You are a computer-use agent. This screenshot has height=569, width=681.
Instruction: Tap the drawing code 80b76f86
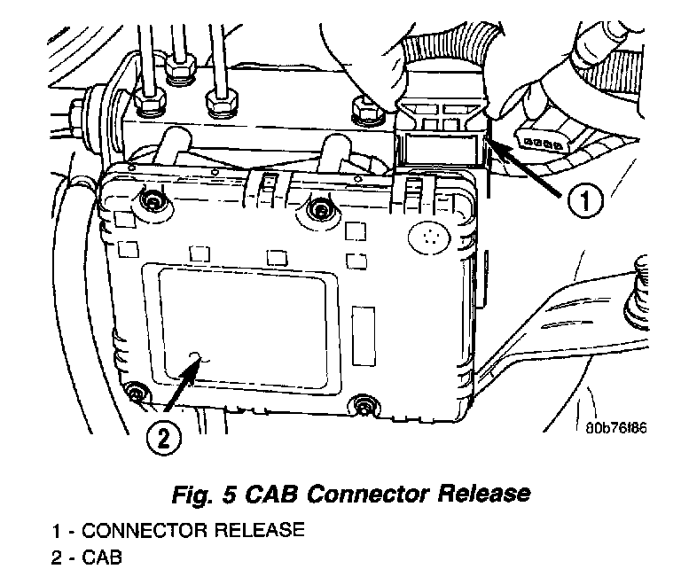click(616, 428)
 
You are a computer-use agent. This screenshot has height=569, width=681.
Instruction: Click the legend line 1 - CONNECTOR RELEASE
click(177, 531)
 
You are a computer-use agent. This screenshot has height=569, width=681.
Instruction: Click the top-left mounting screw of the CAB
click(153, 203)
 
